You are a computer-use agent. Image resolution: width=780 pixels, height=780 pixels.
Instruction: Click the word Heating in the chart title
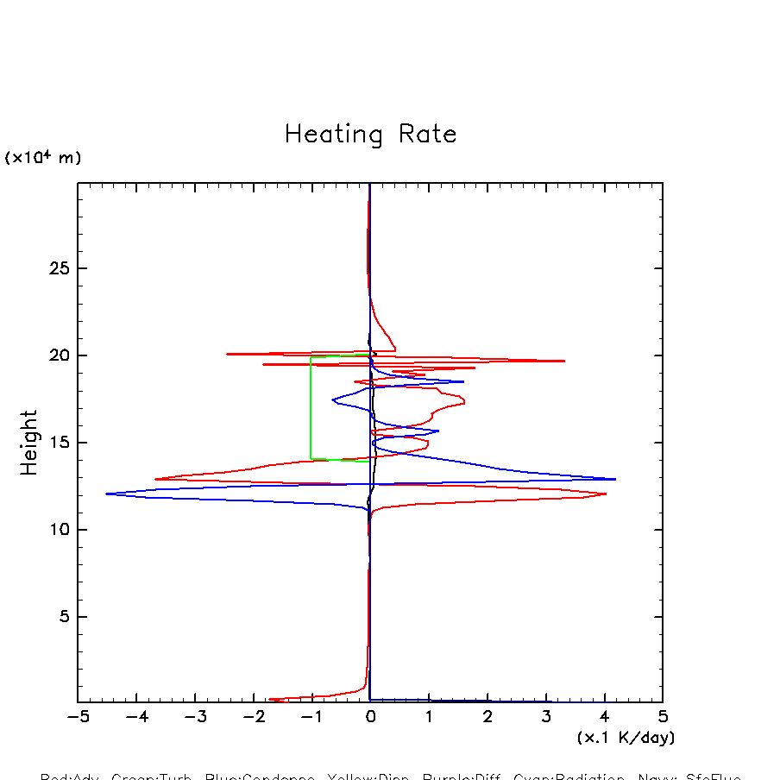pyautogui.click(x=335, y=135)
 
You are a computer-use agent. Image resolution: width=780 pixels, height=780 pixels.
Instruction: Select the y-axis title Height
pyautogui.click(x=29, y=443)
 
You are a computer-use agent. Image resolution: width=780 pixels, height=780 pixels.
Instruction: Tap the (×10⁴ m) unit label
pyautogui.click(x=43, y=158)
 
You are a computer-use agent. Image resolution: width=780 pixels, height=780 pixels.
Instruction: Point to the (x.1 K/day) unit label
pyautogui.click(x=626, y=738)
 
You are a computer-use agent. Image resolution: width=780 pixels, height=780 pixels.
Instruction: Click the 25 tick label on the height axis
pyautogui.click(x=58, y=268)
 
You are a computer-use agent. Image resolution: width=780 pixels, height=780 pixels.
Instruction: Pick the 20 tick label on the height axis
pyautogui.click(x=58, y=355)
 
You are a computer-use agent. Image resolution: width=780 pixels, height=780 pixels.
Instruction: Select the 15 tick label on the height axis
pyautogui.click(x=58, y=443)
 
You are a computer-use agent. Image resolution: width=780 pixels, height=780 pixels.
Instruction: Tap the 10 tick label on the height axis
pyautogui.click(x=58, y=530)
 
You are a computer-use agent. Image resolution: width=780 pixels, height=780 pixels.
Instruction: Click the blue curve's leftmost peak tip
pyautogui.click(x=106, y=494)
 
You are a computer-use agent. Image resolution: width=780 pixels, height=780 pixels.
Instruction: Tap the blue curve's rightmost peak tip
pyautogui.click(x=615, y=479)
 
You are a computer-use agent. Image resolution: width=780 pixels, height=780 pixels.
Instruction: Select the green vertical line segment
pyautogui.click(x=311, y=407)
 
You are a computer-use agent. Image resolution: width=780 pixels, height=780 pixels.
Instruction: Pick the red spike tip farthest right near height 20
pyautogui.click(x=564, y=361)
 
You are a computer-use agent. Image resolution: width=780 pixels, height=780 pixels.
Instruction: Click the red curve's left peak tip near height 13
pyautogui.click(x=155, y=479)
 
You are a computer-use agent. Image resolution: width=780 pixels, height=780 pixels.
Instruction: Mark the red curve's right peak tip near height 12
pyautogui.click(x=606, y=494)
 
